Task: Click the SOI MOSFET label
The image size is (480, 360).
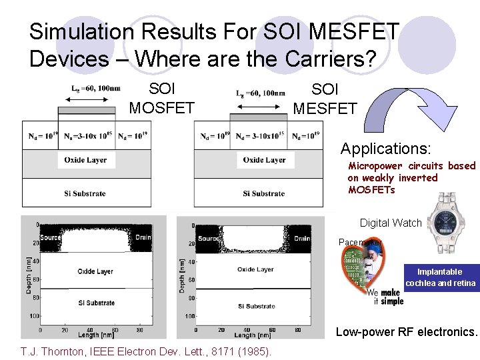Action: click(161, 98)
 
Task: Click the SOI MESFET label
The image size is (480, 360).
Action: click(325, 98)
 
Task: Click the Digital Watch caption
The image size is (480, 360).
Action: click(390, 223)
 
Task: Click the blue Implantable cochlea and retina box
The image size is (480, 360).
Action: click(439, 277)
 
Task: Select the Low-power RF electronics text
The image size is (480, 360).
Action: click(406, 331)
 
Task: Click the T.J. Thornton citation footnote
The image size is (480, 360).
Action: click(145, 351)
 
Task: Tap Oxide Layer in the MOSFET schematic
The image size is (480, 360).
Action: click(85, 160)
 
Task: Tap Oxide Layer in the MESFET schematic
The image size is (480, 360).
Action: click(264, 160)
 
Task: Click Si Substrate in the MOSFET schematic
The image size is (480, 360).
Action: click(85, 193)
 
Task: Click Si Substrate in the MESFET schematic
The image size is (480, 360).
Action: click(264, 193)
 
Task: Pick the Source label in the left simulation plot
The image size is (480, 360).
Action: click(50, 237)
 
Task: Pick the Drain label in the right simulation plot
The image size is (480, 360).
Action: click(302, 238)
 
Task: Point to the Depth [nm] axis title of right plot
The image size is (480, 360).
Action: click(183, 276)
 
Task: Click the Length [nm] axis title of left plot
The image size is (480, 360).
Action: click(92, 335)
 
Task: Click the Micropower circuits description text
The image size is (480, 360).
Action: click(411, 177)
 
